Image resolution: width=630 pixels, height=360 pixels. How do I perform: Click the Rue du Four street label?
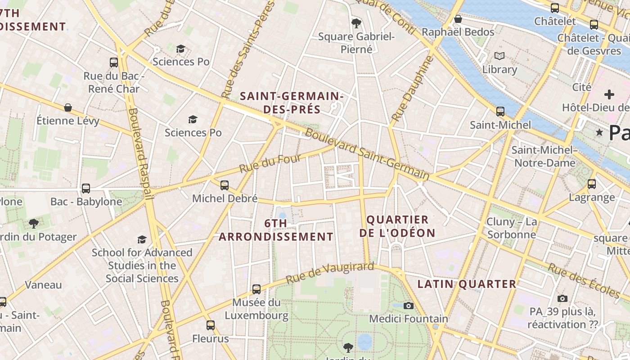point(263,164)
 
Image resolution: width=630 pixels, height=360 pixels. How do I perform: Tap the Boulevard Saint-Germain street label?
point(367,155)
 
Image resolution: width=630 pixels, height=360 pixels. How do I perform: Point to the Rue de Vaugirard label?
point(330,273)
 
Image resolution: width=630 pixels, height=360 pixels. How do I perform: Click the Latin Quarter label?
point(467,284)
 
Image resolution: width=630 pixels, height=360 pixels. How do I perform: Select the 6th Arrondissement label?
point(276,230)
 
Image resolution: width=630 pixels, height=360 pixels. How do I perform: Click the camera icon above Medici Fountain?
point(409,306)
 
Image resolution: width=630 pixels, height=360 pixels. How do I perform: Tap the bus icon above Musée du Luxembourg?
point(256,289)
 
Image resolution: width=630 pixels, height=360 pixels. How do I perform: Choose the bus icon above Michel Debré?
point(225,185)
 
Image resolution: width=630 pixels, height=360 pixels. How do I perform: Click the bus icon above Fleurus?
point(211,325)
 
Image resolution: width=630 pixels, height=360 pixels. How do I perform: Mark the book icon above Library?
point(499,56)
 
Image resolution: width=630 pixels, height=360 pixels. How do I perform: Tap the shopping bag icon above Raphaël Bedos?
point(458,19)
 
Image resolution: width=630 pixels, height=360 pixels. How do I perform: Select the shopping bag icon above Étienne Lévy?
point(68,107)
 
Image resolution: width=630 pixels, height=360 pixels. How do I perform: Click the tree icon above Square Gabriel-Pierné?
point(356,23)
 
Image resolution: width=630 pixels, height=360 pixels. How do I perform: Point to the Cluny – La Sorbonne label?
point(512,228)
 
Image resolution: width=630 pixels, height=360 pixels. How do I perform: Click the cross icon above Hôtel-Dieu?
point(609,94)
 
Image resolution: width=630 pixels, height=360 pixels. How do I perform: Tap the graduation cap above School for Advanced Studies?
point(142,239)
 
